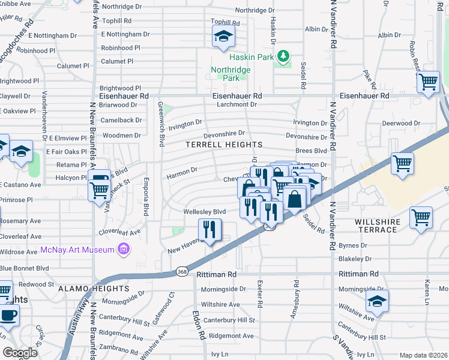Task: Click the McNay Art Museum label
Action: point(76,249)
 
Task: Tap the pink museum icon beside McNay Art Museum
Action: point(124,248)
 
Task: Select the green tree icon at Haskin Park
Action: point(284,56)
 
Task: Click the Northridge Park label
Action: point(231,73)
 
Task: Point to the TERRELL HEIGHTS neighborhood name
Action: point(224,145)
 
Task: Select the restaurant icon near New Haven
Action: point(209,230)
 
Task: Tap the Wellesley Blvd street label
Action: point(205,212)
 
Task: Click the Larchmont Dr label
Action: point(237,104)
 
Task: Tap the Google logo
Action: point(20,353)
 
